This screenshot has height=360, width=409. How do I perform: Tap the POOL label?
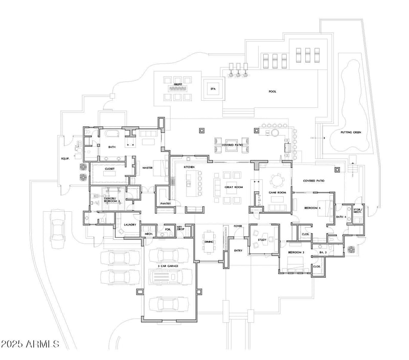point(272,92)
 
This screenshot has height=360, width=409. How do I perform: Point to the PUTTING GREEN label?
point(351,132)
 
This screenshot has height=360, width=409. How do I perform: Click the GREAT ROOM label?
point(233,188)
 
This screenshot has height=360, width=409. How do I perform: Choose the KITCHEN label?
point(190,167)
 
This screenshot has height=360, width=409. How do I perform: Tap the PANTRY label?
point(165,204)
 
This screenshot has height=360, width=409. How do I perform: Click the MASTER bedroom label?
point(148,167)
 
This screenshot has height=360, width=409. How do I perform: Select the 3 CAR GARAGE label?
point(168,265)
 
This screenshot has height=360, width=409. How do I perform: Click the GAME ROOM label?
point(277,192)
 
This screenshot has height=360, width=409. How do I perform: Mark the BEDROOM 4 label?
point(312,208)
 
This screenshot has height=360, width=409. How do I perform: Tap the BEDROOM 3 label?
point(296,253)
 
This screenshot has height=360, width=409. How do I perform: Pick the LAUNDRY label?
point(129,224)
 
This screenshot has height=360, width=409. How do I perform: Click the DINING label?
point(209,242)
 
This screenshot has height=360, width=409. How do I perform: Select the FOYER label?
point(238,226)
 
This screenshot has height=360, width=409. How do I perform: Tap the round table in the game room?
point(277,179)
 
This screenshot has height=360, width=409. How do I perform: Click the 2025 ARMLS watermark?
point(31,343)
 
